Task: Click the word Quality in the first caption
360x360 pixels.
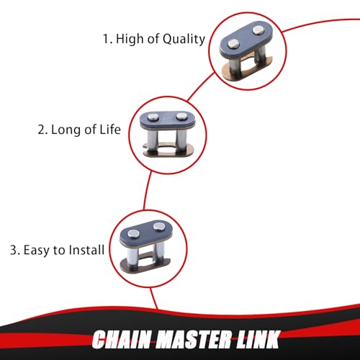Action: click(184, 40)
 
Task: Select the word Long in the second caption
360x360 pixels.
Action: click(66, 130)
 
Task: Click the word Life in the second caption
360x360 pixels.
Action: click(110, 130)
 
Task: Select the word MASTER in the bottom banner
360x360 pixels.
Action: click(194, 339)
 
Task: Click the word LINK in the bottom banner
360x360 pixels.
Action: click(258, 339)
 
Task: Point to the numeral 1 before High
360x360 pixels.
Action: click(106, 39)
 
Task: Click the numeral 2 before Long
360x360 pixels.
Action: click(42, 130)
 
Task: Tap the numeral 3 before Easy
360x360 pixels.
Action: click(14, 250)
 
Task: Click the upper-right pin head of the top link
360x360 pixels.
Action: click(258, 30)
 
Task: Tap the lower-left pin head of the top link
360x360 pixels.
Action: click(233, 43)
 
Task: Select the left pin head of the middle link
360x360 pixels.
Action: click(153, 117)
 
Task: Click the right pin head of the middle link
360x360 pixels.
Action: click(181, 117)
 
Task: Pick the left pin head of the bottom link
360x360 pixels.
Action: click(133, 233)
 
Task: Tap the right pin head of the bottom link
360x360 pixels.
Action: click(158, 227)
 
